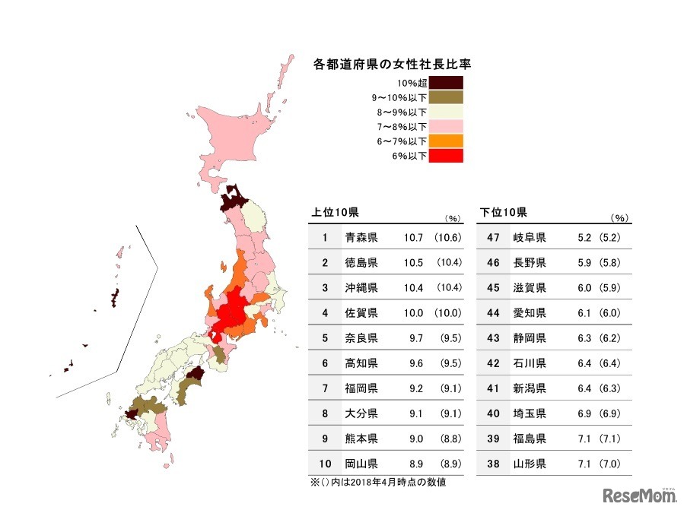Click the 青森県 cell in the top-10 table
pos(361,238)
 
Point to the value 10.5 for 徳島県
pos(413,262)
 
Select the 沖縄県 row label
pos(361,287)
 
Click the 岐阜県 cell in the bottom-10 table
pos(530,238)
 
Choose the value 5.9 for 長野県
pos(584,262)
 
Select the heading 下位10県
pos(503,212)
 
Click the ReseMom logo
pos(640,496)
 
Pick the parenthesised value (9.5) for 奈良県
pos(450,337)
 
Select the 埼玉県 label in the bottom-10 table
pos(530,413)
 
